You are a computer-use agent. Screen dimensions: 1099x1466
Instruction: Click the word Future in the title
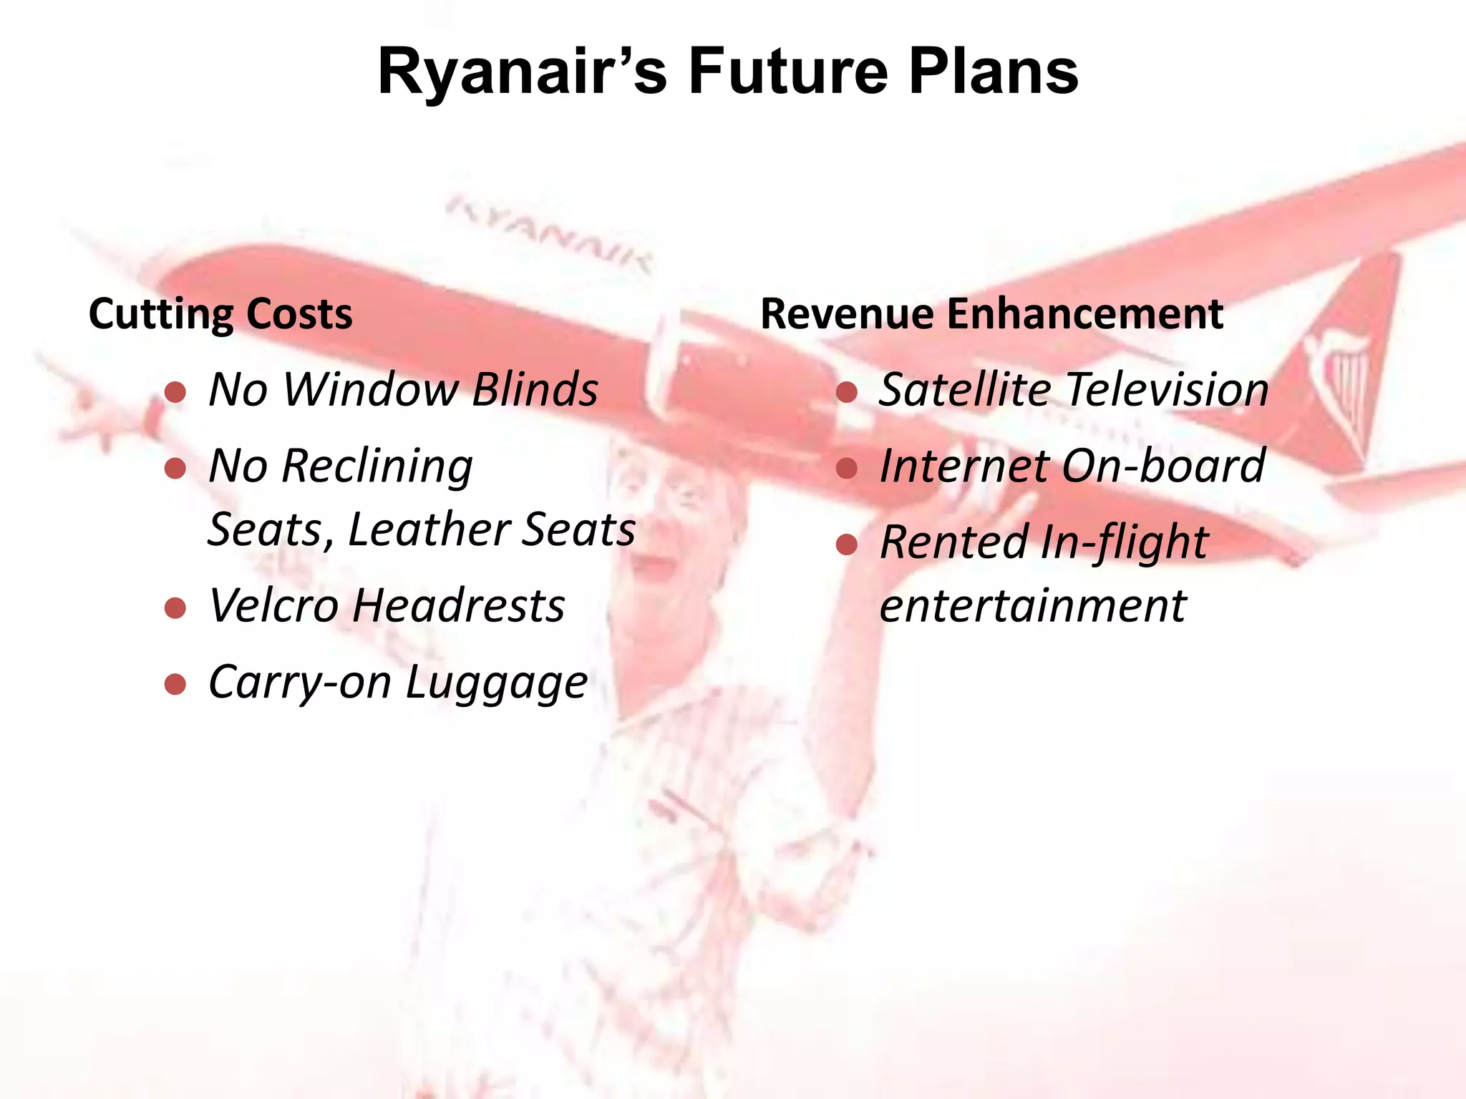tap(787, 72)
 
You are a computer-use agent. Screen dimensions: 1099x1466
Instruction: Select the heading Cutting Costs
tap(220, 314)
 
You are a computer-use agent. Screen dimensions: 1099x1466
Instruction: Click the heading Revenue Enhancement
tap(991, 314)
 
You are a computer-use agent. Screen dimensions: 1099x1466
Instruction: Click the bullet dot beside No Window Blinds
tap(175, 392)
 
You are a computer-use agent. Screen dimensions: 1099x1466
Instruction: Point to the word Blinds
tap(535, 390)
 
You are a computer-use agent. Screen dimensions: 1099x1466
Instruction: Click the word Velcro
tap(273, 606)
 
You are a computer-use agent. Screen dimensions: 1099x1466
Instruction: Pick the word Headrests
tap(459, 606)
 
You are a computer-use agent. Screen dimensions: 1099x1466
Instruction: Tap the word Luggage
tap(497, 683)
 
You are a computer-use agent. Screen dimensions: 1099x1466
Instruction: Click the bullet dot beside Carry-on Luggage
tap(175, 685)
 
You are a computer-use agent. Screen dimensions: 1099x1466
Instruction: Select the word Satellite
tap(963, 390)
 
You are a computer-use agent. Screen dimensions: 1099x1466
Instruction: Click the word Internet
tap(963, 467)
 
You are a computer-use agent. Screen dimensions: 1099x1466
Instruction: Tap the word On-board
tap(1164, 467)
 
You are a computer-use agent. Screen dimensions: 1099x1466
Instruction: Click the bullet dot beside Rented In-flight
tap(847, 545)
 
